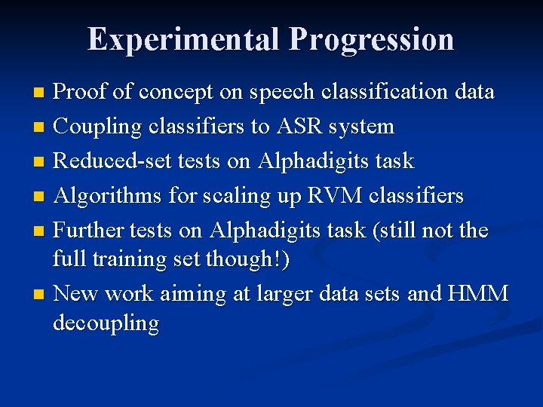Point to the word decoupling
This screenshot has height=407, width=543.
(x=106, y=325)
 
